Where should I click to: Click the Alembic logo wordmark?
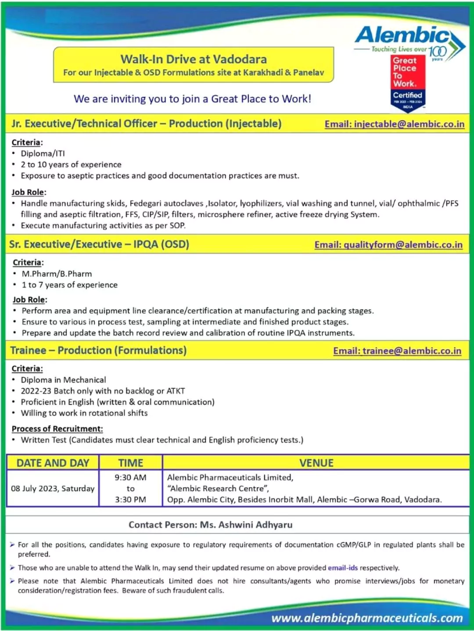point(402,35)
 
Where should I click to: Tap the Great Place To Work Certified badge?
point(408,83)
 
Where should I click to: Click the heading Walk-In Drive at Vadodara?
point(194,59)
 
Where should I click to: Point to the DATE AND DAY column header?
point(53,463)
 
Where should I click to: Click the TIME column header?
point(131,463)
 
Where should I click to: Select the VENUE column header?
point(316,463)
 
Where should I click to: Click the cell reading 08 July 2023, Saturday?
point(53,489)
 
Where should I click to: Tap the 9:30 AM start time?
point(131,478)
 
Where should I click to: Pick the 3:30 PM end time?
point(131,500)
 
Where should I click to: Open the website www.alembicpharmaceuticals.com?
point(367,618)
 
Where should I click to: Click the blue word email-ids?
point(343,568)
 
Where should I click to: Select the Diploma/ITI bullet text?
point(43,153)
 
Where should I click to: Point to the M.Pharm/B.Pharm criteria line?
point(57,274)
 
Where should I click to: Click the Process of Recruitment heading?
point(57,429)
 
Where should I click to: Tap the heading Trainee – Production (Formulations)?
point(99,351)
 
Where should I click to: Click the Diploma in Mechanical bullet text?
point(64,380)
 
